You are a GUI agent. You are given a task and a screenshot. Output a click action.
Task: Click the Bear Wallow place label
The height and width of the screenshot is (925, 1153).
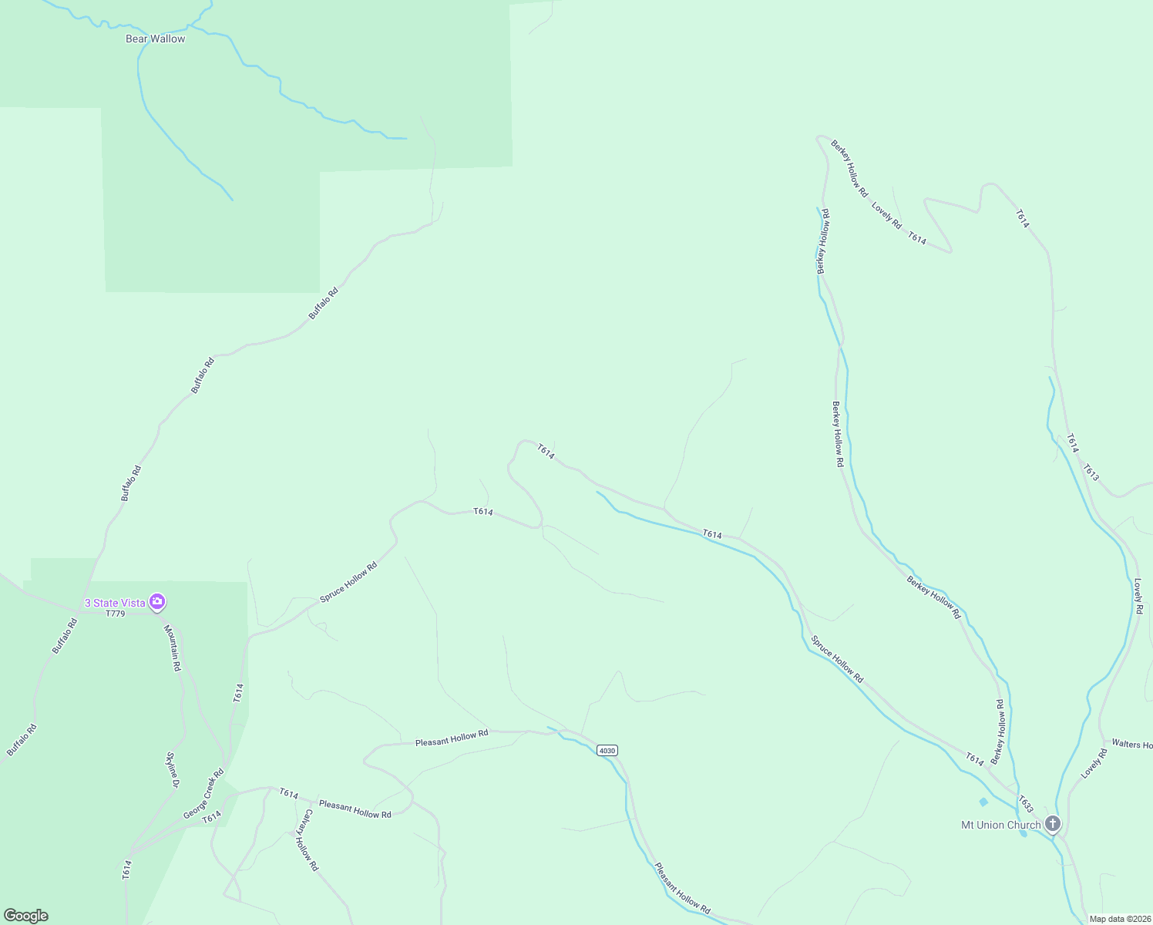pos(155,39)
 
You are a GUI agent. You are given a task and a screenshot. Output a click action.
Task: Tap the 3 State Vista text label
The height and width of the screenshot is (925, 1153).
pos(115,603)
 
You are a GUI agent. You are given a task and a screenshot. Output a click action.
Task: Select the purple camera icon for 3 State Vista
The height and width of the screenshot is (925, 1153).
pos(157,601)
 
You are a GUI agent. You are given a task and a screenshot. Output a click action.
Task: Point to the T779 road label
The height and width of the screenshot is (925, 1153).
pos(115,614)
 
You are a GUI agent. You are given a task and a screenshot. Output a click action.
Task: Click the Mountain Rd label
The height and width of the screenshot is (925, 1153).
pos(172,647)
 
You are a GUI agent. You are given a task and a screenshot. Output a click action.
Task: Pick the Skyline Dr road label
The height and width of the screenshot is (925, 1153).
pos(173,769)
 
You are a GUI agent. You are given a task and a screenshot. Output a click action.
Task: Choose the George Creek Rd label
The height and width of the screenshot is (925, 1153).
pos(203,794)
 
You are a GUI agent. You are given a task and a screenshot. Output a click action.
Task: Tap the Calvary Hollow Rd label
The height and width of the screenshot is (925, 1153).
pos(310,840)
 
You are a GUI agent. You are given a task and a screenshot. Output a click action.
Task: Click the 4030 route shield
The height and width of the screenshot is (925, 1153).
pos(607,750)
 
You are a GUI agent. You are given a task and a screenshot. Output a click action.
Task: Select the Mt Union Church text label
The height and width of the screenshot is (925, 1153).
pos(1000,825)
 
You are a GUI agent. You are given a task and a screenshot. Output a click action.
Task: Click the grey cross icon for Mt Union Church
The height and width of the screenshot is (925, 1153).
pos(1053,824)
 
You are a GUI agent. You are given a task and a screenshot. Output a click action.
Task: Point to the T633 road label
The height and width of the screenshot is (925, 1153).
pos(1025,804)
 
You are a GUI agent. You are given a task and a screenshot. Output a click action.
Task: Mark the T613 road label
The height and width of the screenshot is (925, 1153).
pos(1091,473)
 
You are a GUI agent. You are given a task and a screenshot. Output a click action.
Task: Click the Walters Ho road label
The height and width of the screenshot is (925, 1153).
pos(1131,745)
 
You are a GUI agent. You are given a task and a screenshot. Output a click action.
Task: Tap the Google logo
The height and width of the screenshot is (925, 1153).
pos(26,916)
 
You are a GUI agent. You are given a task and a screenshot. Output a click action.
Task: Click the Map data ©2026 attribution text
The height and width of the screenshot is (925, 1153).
pos(1120,919)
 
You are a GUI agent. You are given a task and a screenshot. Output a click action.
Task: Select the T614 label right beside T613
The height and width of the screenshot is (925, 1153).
pos(1072,444)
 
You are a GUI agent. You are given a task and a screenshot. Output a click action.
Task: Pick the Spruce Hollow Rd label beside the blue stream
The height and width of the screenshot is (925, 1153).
pos(837,659)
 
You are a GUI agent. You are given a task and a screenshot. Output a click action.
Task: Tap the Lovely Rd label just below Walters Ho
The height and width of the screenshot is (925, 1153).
pos(1094,763)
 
